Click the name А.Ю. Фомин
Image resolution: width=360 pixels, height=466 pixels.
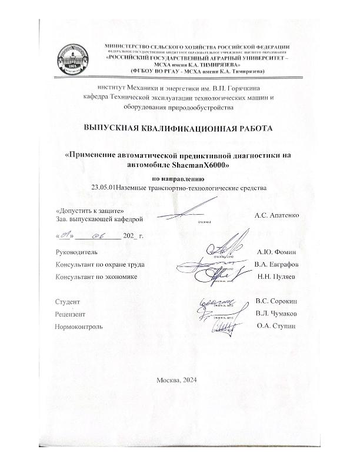281,251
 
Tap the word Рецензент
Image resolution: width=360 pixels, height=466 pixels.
69,314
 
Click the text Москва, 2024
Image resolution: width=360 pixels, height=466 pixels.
179,380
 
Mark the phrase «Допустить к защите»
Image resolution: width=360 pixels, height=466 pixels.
81,210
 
